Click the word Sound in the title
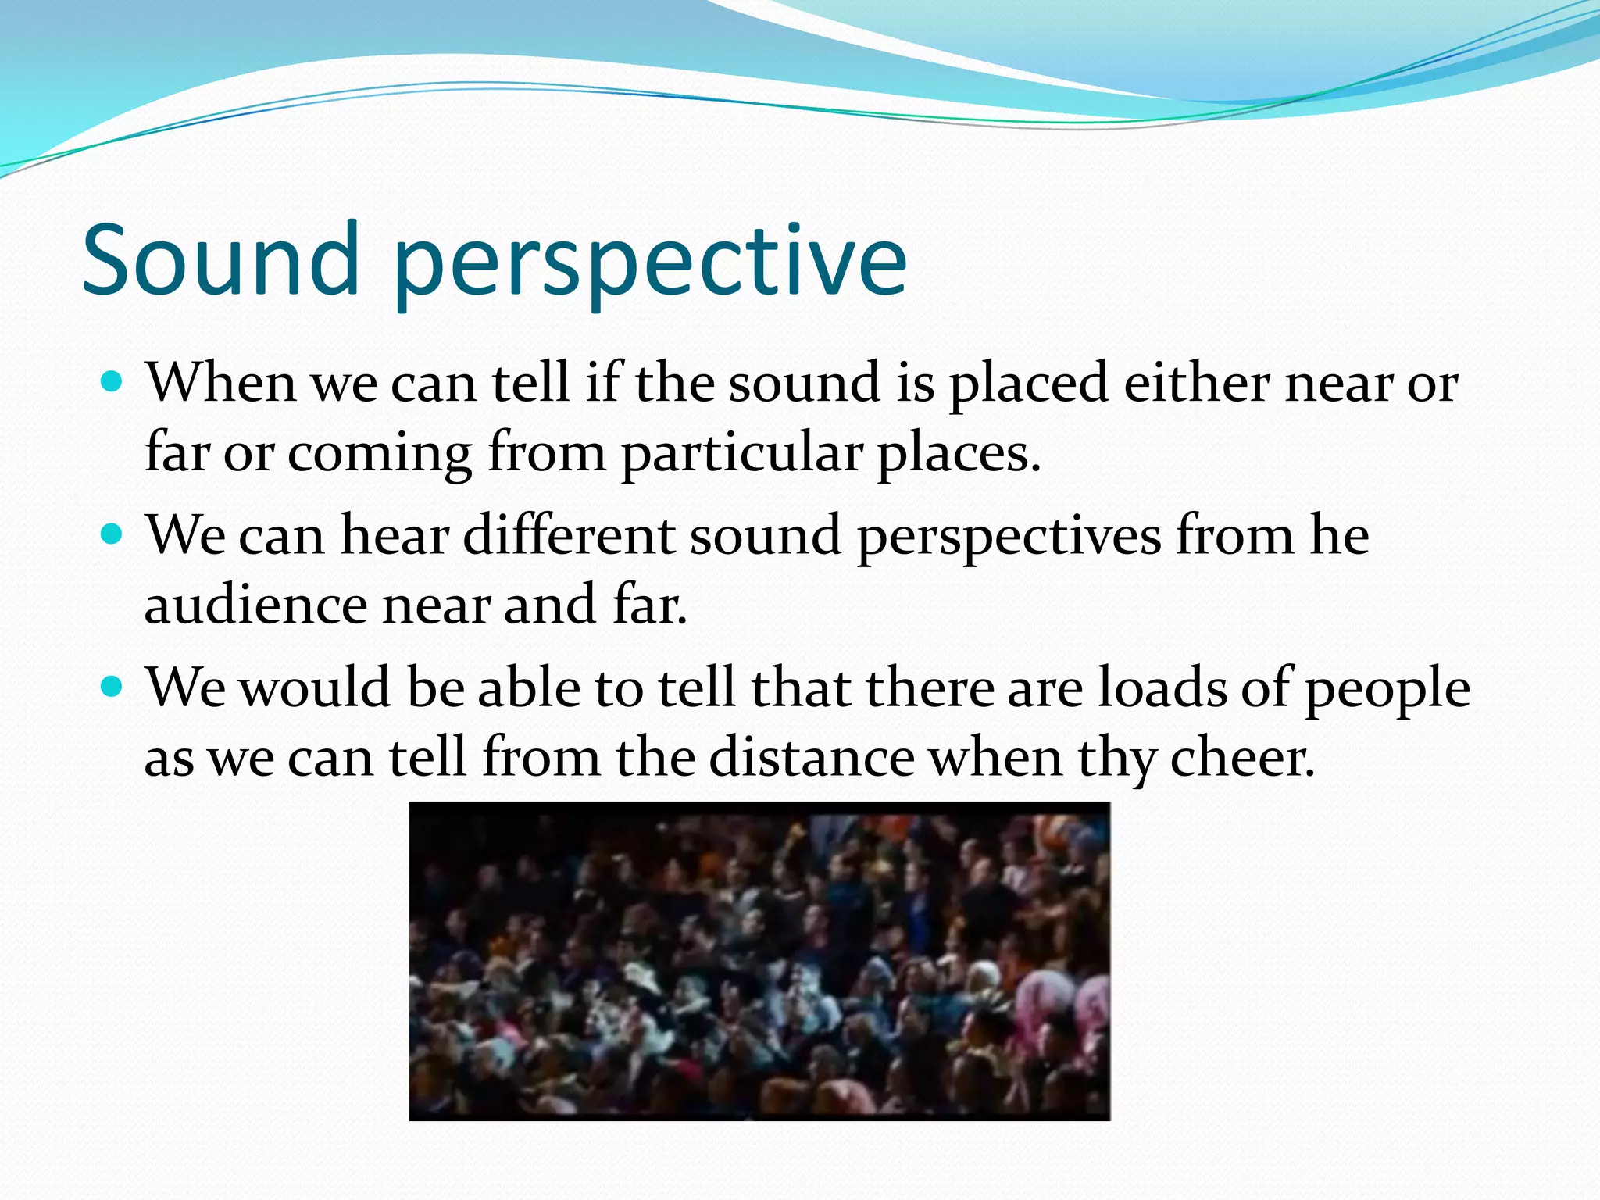[220, 259]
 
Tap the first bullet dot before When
[112, 382]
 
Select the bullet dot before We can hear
[112, 534]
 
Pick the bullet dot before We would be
[112, 687]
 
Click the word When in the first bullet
[221, 383]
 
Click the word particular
[741, 453]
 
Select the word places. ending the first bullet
[959, 453]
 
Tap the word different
[569, 536]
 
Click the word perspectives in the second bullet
[1009, 536]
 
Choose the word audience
[255, 605]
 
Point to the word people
[1387, 688]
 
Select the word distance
[812, 758]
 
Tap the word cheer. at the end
[1242, 758]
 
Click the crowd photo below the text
[759, 961]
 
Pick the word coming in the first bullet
[380, 453]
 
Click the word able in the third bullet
[529, 688]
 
